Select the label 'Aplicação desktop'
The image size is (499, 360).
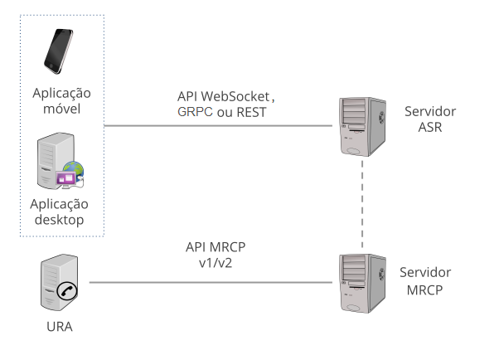59,212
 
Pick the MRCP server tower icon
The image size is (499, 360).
362,283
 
